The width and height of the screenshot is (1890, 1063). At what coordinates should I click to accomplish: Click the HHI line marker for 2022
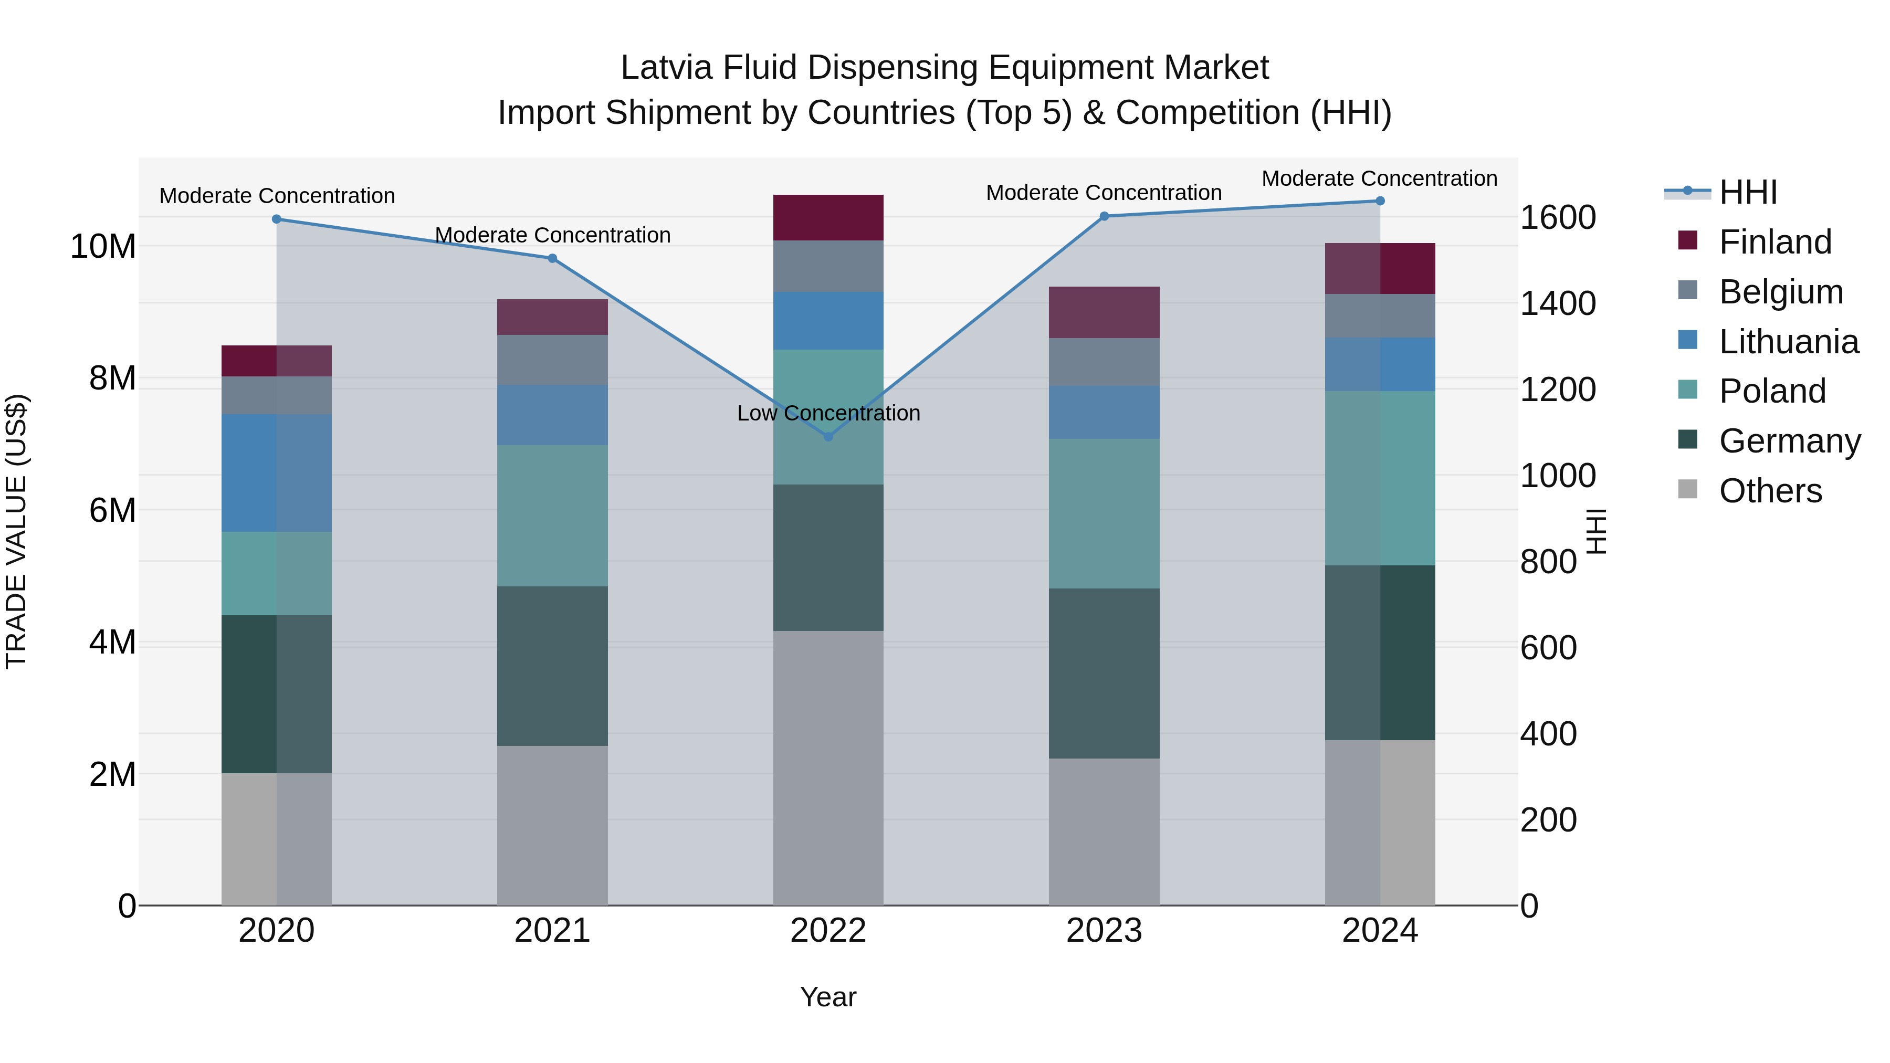tap(828, 437)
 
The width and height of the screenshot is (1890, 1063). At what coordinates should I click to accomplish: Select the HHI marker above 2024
tap(1380, 201)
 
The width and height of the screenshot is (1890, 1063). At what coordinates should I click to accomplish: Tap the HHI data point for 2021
tap(552, 258)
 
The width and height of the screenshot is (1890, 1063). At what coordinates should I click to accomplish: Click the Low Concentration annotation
tap(828, 413)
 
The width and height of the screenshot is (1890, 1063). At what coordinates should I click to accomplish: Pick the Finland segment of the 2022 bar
tap(828, 218)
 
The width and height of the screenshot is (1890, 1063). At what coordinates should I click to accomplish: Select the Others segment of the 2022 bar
tap(828, 767)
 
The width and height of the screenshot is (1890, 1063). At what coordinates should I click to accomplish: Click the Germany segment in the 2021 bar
tap(552, 666)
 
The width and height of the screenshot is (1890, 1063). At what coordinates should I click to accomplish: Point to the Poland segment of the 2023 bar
tap(1104, 513)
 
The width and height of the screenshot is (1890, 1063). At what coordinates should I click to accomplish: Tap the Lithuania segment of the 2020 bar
tap(277, 473)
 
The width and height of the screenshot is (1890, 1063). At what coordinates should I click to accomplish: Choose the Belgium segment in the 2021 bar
tap(552, 360)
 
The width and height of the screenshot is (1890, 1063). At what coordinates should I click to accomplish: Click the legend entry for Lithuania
tap(1788, 342)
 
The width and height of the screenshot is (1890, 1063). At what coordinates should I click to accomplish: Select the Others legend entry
tap(1770, 491)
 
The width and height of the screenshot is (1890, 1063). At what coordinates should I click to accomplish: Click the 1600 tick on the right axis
tap(1557, 218)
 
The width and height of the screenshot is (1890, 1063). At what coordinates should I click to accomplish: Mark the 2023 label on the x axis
tap(1104, 931)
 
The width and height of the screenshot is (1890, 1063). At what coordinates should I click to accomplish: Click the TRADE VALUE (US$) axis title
tap(16, 531)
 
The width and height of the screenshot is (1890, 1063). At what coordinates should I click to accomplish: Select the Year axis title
tap(828, 997)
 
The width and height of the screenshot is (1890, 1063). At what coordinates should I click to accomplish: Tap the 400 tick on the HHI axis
tap(1548, 734)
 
